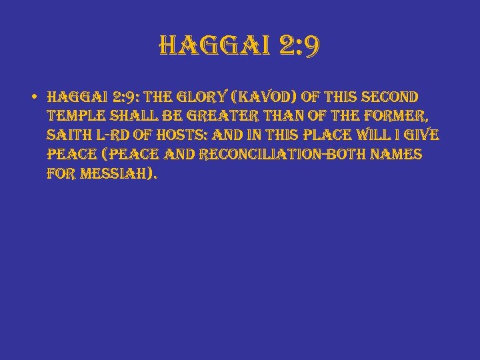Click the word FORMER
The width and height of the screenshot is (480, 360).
(399, 117)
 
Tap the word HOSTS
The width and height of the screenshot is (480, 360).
(188, 136)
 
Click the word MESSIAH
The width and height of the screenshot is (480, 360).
(117, 175)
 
